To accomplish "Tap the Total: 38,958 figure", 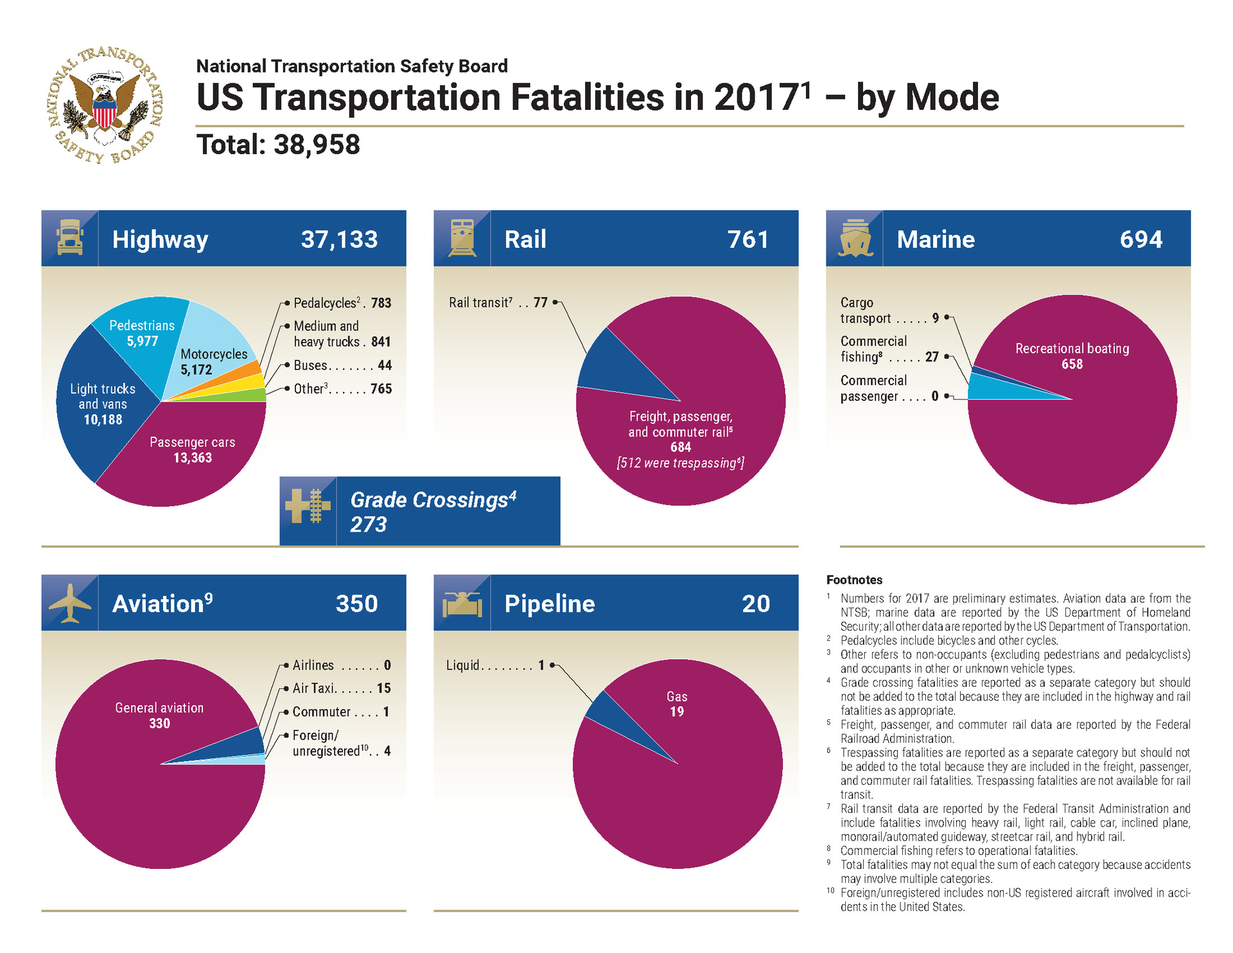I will tap(278, 145).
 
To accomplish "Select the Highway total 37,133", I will tap(339, 240).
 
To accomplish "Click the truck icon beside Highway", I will tap(70, 238).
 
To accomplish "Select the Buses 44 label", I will tap(342, 365).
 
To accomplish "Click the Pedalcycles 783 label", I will tap(342, 303).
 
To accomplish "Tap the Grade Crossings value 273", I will tap(368, 525).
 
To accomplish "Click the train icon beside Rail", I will tap(462, 238).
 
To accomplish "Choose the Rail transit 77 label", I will tap(498, 302).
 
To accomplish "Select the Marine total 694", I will tap(1141, 240).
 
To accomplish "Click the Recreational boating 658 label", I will tap(1072, 356).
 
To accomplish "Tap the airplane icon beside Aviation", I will tap(70, 603).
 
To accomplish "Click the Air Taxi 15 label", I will tap(341, 688).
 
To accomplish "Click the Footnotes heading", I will tap(854, 580).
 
